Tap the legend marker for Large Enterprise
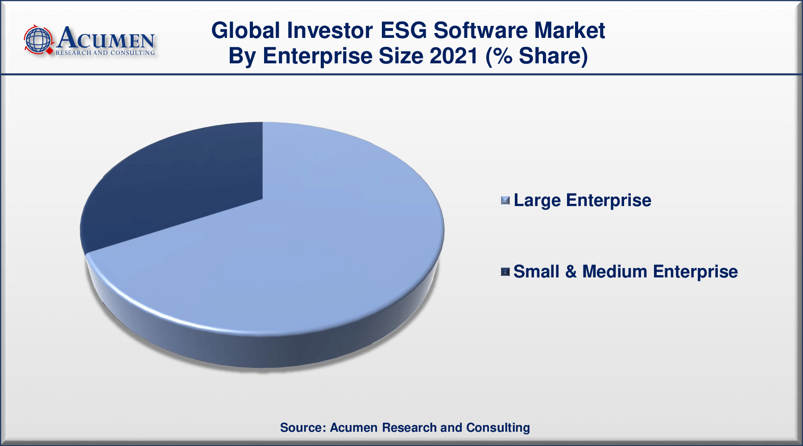coord(505,201)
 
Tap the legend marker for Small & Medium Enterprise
coord(505,272)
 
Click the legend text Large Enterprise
coord(582,200)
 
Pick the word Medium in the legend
coord(614,272)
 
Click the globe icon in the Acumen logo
coord(38,40)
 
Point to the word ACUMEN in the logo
coord(106,38)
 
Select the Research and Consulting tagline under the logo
coord(105,53)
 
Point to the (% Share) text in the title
coord(537,56)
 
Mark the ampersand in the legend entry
coord(571,272)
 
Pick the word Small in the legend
coord(537,272)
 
